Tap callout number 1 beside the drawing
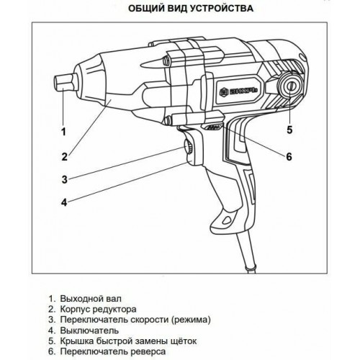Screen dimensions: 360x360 click(63, 132)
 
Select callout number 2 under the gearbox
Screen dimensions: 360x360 click(64, 154)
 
